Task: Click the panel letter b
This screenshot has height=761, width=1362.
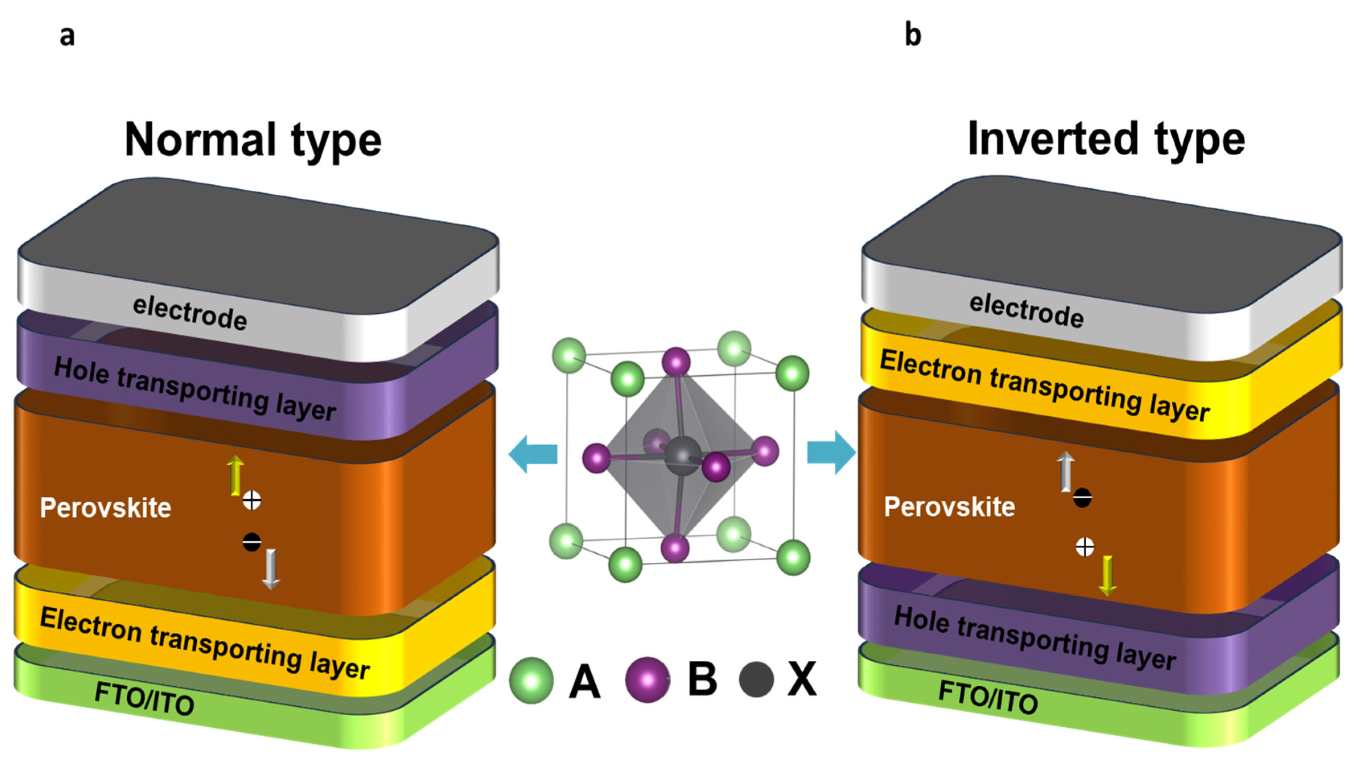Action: [x=913, y=35]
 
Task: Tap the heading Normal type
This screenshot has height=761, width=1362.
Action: [x=253, y=140]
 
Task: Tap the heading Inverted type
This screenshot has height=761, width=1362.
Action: [x=1106, y=138]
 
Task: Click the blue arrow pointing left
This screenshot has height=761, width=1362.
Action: [x=533, y=454]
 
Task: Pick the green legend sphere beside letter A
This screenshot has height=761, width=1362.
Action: [x=531, y=680]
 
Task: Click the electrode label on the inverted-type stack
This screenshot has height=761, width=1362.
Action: [x=1026, y=311]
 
